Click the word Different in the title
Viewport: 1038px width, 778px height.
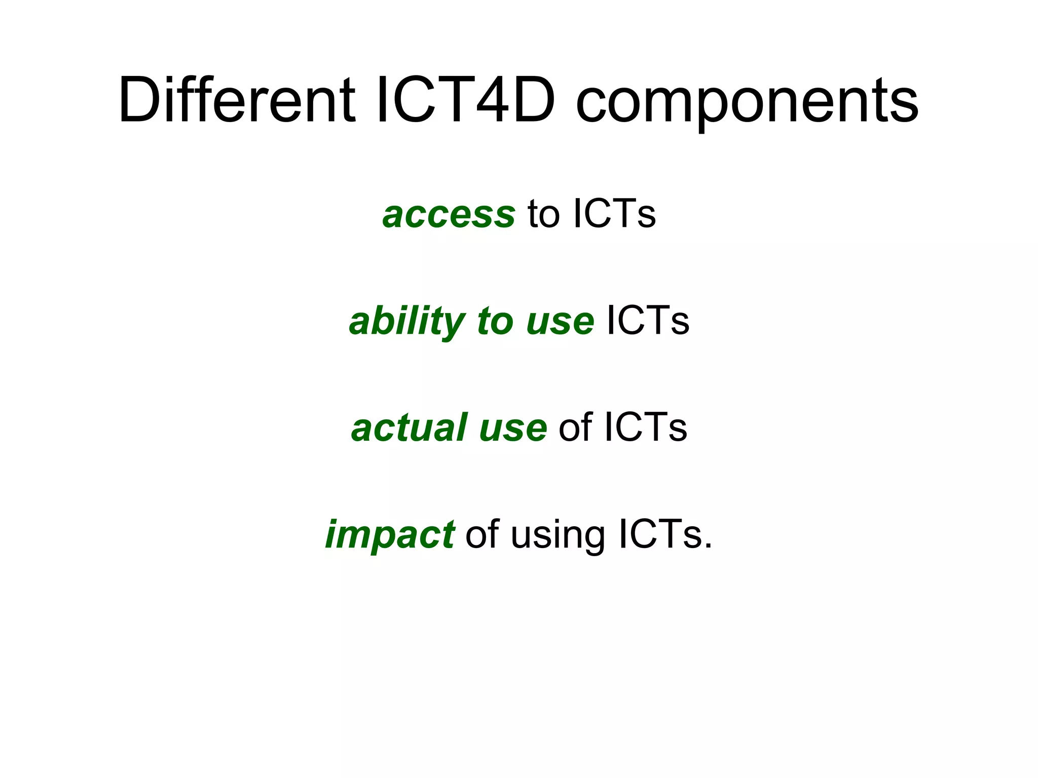click(x=237, y=100)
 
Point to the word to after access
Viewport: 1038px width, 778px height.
click(x=543, y=214)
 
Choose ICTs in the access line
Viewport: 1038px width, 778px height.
click(x=614, y=214)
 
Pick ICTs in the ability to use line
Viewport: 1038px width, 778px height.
click(x=648, y=321)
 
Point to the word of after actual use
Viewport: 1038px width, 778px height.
click(x=575, y=428)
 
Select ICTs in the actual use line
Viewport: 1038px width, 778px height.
click(x=645, y=428)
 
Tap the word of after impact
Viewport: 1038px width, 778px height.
click(x=482, y=535)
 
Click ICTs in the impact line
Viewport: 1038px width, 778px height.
click(x=659, y=535)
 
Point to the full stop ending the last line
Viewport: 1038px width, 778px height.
click(x=708, y=548)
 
